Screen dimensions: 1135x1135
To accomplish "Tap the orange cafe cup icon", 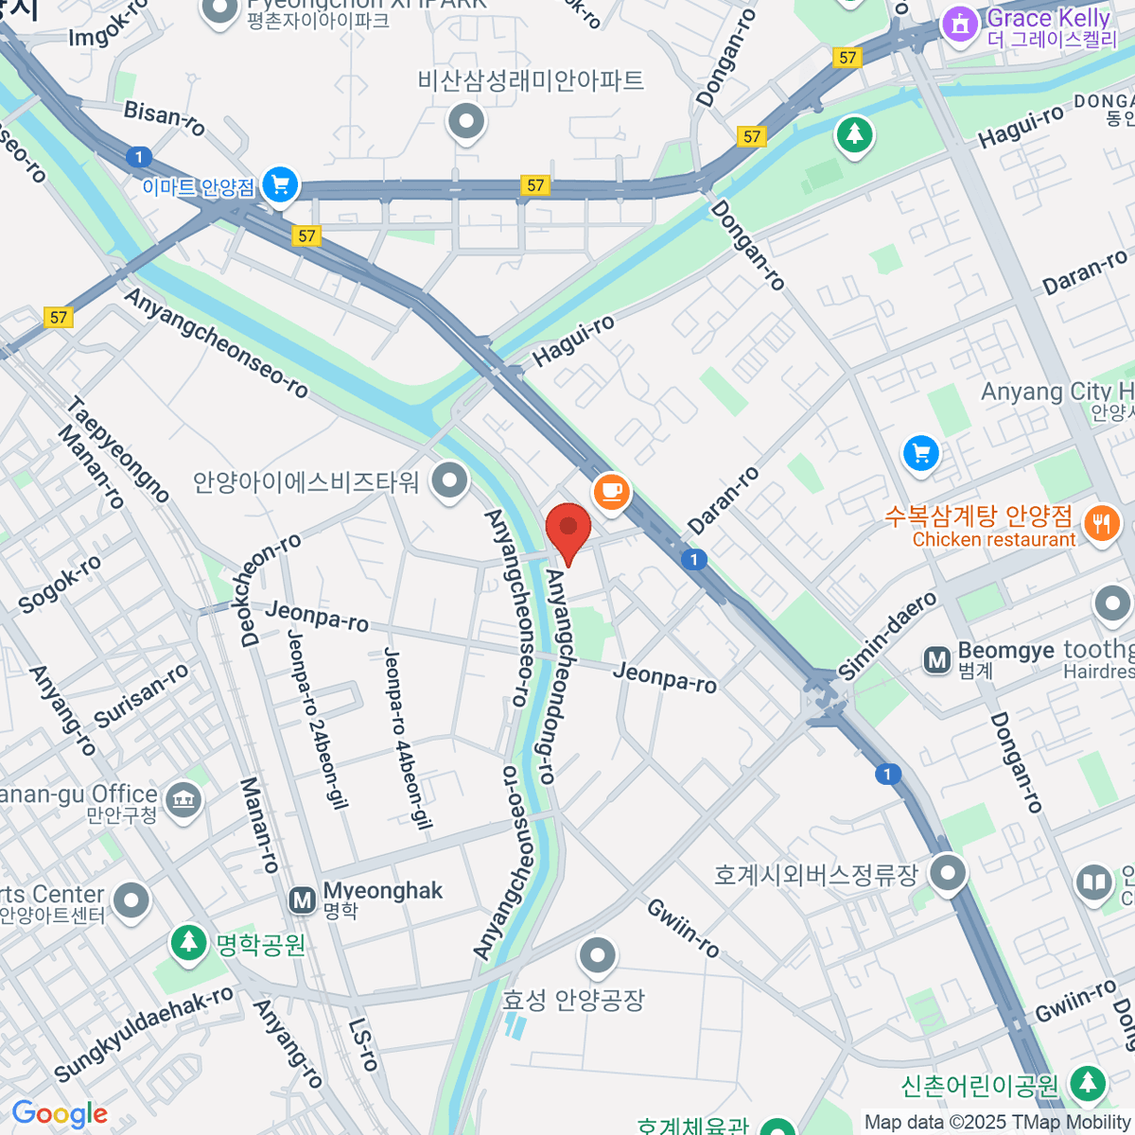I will click(x=611, y=491).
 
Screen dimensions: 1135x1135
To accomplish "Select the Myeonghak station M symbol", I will click(x=303, y=899).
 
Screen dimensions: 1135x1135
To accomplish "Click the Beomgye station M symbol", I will click(x=937, y=659).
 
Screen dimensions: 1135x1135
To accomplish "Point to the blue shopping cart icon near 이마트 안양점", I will click(x=280, y=184).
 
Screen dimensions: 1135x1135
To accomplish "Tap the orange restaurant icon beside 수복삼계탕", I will click(x=1101, y=522).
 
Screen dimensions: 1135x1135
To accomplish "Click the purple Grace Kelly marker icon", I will click(x=961, y=25).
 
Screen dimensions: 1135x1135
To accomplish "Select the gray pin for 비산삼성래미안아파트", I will click(x=466, y=121).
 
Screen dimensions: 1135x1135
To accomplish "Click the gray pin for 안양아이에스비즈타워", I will click(x=449, y=480).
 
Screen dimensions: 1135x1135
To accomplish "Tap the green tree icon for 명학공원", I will click(x=189, y=941).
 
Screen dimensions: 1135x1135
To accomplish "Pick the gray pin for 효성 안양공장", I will click(x=598, y=955).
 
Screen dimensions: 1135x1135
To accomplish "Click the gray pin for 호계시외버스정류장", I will click(x=947, y=873).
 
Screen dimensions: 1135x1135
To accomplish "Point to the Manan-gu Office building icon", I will click(x=183, y=801).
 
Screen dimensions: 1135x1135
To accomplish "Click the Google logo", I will click(x=60, y=1114).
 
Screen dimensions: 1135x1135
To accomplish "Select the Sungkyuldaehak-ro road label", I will click(x=143, y=1034).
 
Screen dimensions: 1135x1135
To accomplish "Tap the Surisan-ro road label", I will click(x=142, y=696).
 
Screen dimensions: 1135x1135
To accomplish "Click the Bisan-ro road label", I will click(x=165, y=117).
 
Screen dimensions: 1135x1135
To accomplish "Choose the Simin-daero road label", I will click(x=886, y=635).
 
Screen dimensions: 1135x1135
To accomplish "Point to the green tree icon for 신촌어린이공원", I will click(x=1089, y=1083).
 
